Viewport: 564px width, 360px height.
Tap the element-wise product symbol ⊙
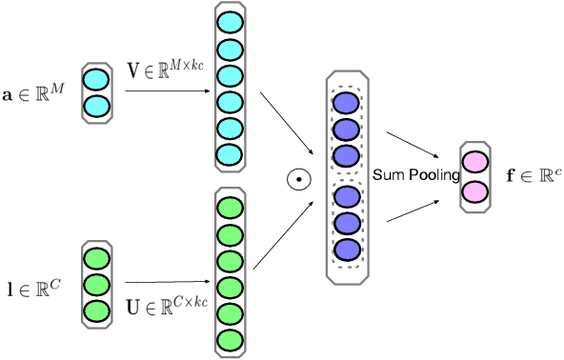(x=299, y=177)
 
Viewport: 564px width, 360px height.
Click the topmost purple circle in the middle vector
(x=345, y=103)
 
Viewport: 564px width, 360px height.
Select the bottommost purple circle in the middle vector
(x=345, y=250)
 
